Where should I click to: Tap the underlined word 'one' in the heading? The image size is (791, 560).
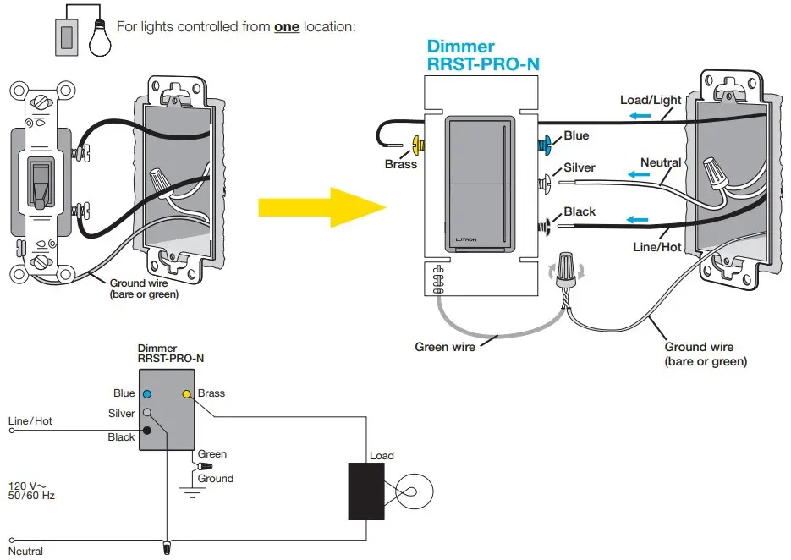287,26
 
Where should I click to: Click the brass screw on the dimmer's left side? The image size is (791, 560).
417,145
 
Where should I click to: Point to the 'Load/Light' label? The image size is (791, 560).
651,100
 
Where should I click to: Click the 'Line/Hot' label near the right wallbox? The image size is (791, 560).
657,246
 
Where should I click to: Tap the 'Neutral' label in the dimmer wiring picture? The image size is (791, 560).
661,162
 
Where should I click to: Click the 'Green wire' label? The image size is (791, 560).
445,347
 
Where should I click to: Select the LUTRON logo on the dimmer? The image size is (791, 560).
466,240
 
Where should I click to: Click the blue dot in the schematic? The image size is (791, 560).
147,394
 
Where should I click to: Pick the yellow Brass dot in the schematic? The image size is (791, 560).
186,394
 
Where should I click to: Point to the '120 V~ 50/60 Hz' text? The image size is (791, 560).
31,491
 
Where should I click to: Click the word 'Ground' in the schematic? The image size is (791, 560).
216,478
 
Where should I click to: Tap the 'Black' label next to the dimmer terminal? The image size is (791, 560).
580,211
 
